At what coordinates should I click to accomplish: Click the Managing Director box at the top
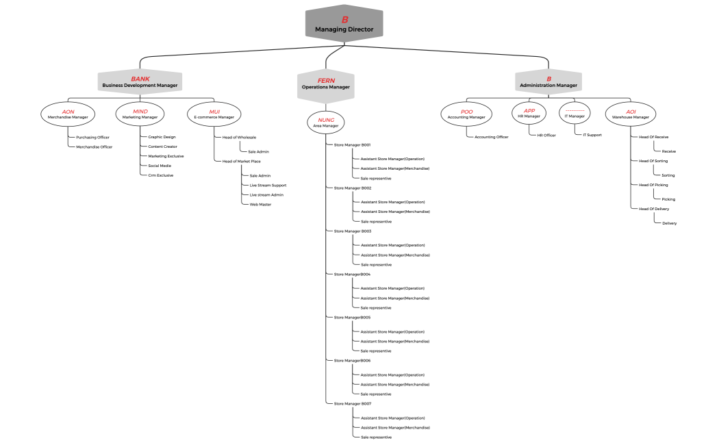pos(344,24)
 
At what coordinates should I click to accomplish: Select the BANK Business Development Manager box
pos(140,82)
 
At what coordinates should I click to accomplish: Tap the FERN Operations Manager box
pos(326,84)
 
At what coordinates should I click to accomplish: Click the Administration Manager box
pos(548,82)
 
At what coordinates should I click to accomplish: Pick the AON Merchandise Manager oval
pos(68,114)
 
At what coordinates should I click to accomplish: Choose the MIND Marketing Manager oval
pos(140,114)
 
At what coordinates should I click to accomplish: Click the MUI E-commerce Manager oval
pos(214,114)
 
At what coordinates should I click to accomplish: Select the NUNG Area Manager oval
pos(326,123)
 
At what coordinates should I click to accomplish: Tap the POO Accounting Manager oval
pos(466,114)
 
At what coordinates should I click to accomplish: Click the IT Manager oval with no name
pos(575,113)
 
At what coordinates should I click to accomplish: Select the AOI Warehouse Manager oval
pos(631,114)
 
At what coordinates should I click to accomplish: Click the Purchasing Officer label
pos(92,138)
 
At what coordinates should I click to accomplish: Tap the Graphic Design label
pos(162,137)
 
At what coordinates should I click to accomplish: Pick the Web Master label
pos(260,205)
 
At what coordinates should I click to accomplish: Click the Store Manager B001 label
pos(352,145)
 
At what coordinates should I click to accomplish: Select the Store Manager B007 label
pos(352,404)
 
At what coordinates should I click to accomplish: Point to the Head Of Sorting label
pos(653,161)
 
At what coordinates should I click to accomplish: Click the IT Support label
pos(592,135)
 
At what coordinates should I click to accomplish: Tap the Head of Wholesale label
pos(239,137)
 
